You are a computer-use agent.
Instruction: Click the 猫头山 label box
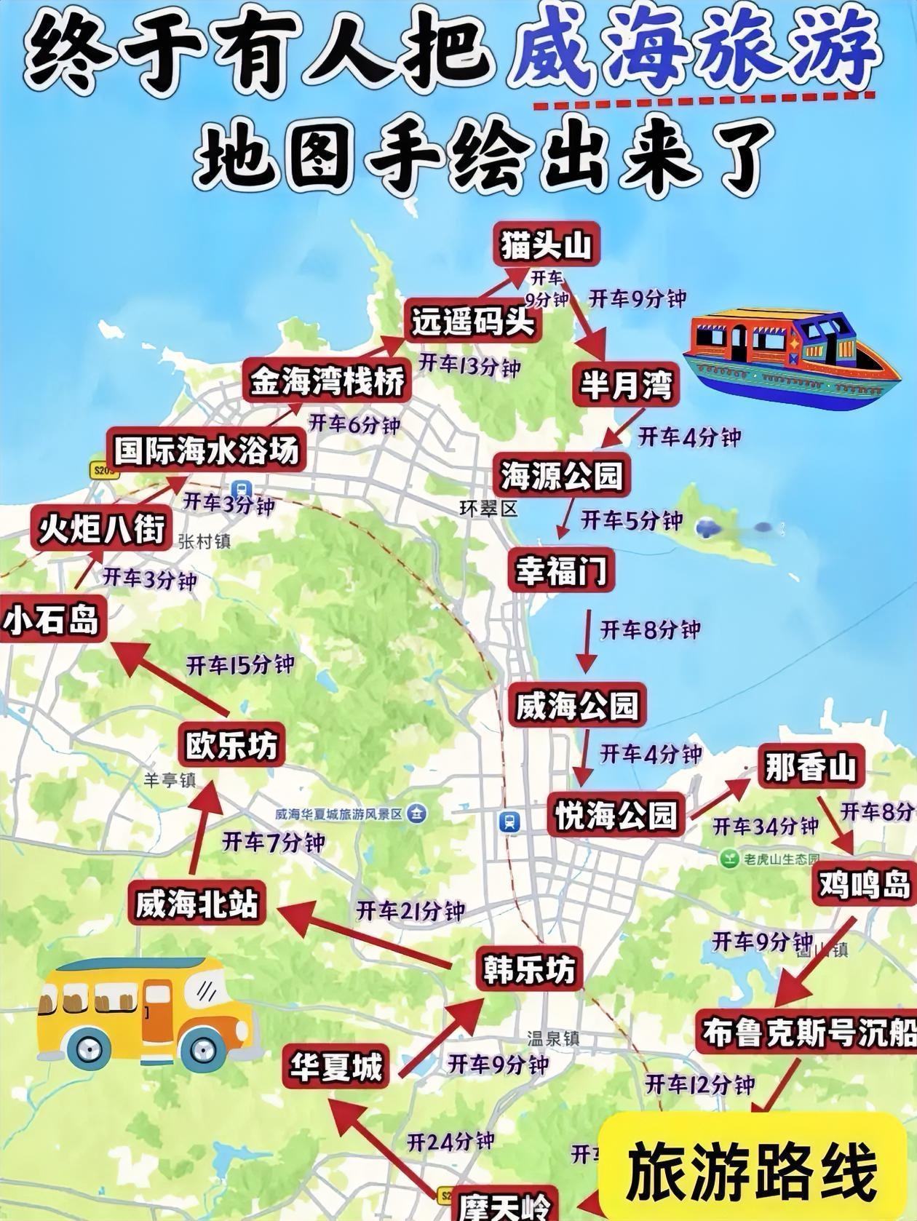coord(546,245)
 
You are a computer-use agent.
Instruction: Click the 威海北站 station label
coord(196,904)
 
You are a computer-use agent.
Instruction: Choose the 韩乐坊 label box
coord(529,969)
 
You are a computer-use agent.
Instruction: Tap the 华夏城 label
coord(336,1067)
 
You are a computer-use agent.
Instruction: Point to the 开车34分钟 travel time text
coord(765,827)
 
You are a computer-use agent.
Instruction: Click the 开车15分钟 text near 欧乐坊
coord(240,664)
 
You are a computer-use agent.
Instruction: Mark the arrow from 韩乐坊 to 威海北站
coord(364,935)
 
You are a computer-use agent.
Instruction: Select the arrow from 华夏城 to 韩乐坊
coord(440,1037)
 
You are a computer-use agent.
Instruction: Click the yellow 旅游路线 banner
coord(753,1170)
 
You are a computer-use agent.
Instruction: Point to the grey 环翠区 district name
coord(488,508)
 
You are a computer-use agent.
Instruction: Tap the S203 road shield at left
coord(105,470)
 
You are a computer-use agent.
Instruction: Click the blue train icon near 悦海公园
coord(509,822)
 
